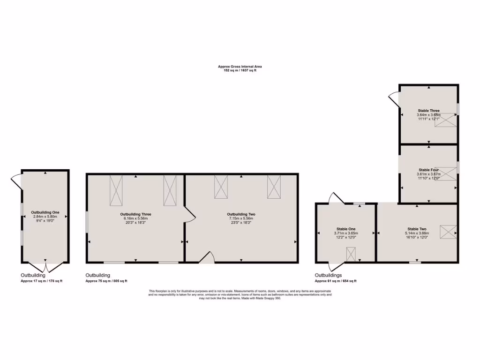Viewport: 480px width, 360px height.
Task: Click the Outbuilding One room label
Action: pyautogui.click(x=45, y=212)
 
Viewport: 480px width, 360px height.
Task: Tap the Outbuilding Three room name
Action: pyautogui.click(x=135, y=214)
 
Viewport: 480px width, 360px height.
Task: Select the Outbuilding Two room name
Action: pyautogui.click(x=241, y=214)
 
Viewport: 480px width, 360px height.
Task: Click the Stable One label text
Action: pyautogui.click(x=346, y=229)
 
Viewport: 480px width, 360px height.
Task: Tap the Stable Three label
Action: pyautogui.click(x=428, y=111)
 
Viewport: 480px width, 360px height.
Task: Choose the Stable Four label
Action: pyautogui.click(x=428, y=170)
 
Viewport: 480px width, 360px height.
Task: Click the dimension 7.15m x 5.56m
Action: pyautogui.click(x=241, y=218)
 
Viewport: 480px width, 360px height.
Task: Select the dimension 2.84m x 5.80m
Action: pyautogui.click(x=45, y=217)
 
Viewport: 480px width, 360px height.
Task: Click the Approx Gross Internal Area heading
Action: pyautogui.click(x=240, y=67)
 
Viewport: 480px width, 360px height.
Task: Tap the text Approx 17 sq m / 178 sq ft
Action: pyautogui.click(x=41, y=281)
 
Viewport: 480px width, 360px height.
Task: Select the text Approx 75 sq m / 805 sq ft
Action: pyautogui.click(x=106, y=281)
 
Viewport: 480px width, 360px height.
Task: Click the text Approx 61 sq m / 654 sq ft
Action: pyautogui.click(x=335, y=281)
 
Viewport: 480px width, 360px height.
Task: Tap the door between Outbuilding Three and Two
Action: pyautogui.click(x=190, y=215)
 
